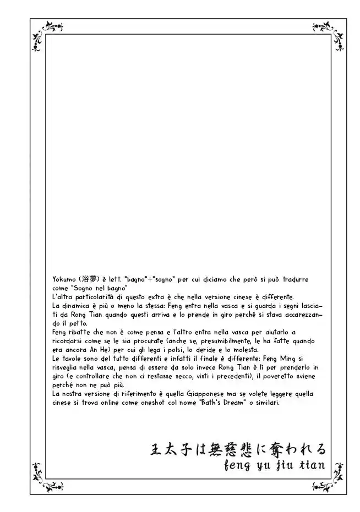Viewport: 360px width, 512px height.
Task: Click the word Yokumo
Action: coord(65,279)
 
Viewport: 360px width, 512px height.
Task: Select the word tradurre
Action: coord(309,279)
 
